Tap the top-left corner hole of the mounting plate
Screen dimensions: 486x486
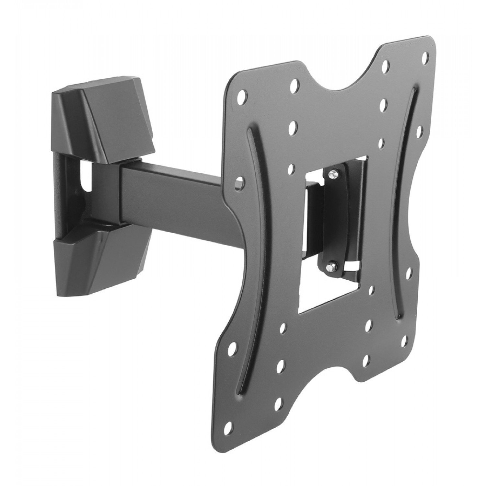(241, 97)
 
